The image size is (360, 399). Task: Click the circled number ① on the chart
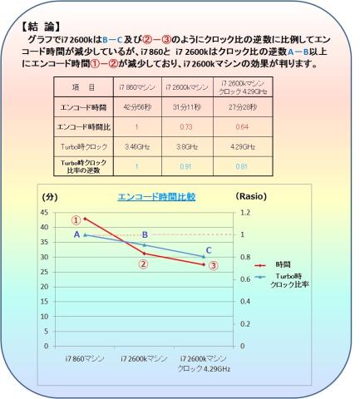click(x=76, y=220)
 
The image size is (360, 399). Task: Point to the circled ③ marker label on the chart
click(x=214, y=266)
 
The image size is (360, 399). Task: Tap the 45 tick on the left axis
click(x=45, y=212)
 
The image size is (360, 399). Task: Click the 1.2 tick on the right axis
click(x=246, y=212)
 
